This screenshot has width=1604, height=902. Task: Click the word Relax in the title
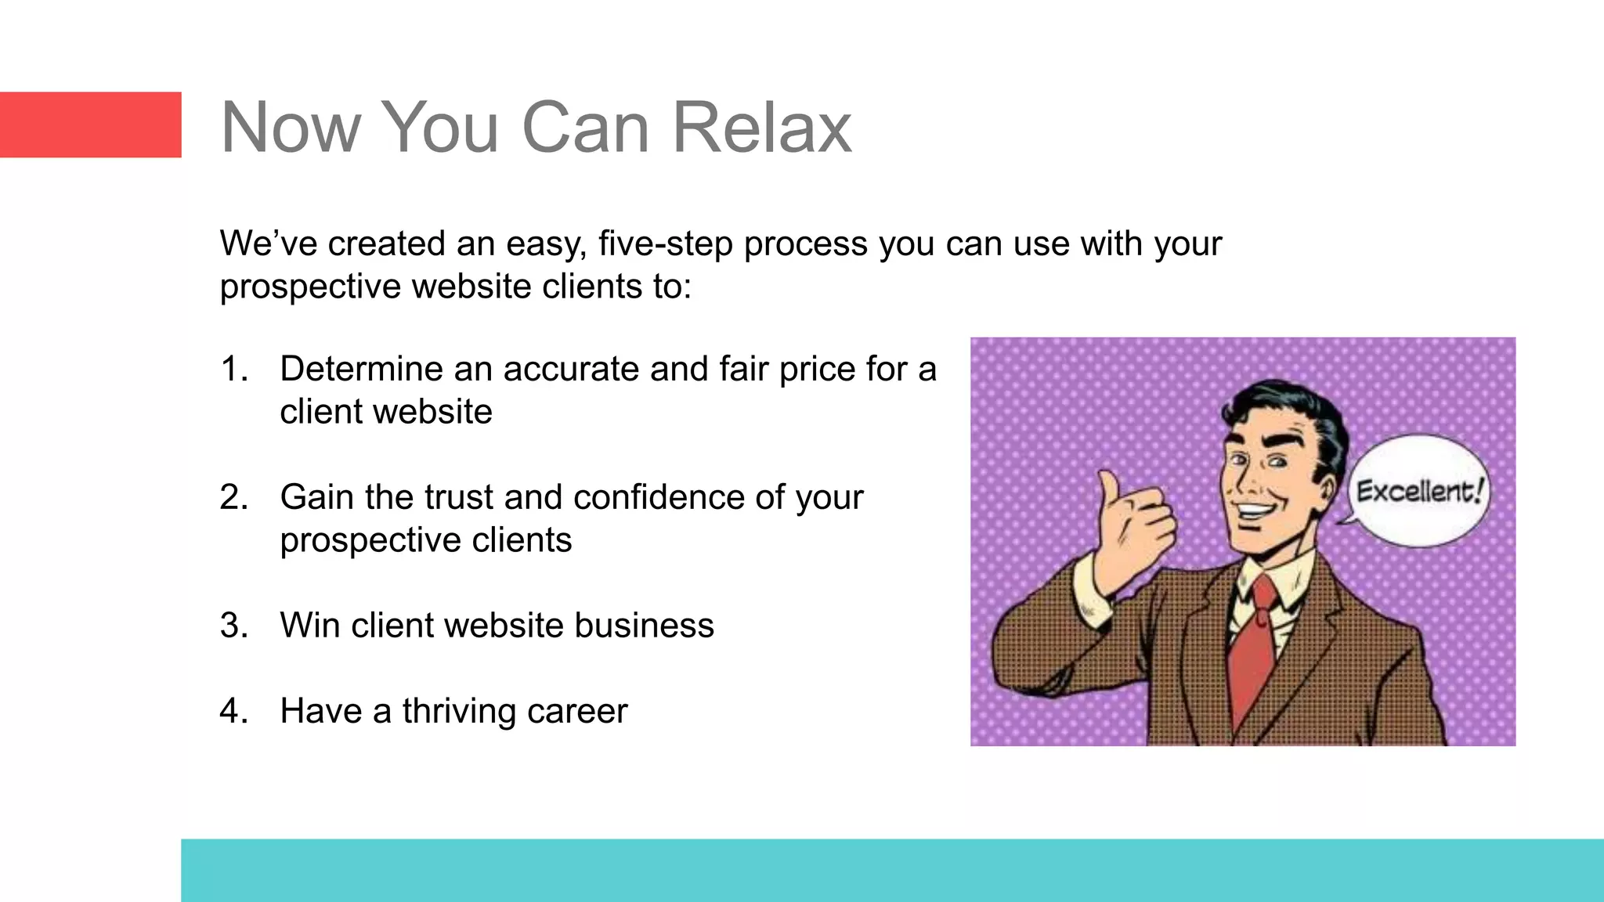point(761,128)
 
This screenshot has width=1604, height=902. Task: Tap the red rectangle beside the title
point(90,125)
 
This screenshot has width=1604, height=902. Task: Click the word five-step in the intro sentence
point(665,244)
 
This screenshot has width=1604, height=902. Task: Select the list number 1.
point(233,369)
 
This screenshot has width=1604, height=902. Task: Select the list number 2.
point(233,497)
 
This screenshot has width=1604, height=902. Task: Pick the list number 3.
point(233,626)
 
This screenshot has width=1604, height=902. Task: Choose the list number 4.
point(233,711)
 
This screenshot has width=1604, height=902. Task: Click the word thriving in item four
point(459,711)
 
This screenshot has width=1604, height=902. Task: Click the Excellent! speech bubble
point(1418,491)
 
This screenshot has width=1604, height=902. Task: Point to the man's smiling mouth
point(1255,511)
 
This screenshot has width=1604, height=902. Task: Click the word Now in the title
point(290,128)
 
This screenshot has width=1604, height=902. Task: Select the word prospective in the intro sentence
point(310,287)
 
